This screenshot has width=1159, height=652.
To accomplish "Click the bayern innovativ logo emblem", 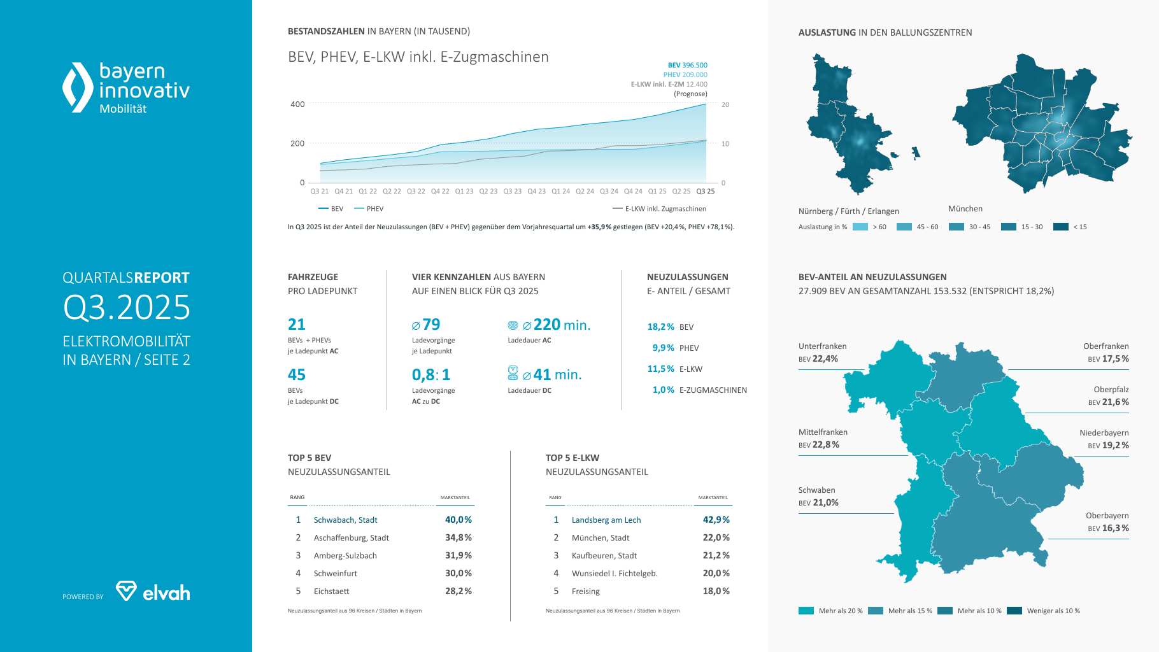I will (78, 88).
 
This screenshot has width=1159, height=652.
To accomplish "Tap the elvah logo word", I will (166, 593).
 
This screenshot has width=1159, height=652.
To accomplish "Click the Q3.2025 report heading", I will (127, 308).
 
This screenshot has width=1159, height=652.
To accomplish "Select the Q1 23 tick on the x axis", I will (464, 191).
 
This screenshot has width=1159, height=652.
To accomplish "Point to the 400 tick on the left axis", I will (297, 104).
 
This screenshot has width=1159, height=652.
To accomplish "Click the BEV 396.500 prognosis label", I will (687, 65).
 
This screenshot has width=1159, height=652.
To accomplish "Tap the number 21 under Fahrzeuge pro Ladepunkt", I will (297, 325).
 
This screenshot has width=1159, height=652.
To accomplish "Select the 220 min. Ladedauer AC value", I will (561, 325).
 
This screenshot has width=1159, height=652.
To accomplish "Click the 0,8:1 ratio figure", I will (431, 375).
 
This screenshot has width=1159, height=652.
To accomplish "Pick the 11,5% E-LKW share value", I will (660, 369).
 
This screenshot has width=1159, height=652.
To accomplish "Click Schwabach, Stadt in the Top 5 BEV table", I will (345, 520).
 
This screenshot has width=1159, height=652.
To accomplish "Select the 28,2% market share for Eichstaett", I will (459, 591).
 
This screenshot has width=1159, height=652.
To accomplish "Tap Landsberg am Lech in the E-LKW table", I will (606, 520).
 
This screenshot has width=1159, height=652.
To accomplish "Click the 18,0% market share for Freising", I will (716, 591).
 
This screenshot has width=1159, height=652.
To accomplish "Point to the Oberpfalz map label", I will (1111, 390).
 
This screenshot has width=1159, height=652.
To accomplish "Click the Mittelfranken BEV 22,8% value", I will (826, 445).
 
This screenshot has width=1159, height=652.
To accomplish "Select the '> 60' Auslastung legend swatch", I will (860, 227).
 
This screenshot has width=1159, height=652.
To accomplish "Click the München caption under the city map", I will (965, 209).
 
